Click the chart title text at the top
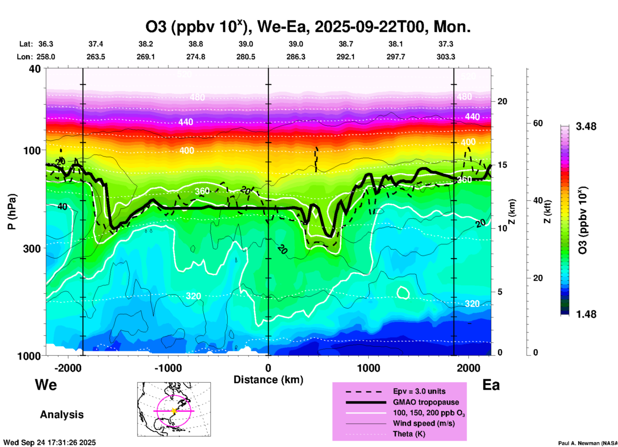point(308,27)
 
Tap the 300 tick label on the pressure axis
point(32,249)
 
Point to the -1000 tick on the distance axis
point(168,368)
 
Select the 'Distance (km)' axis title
point(268,380)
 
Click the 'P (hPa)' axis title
point(12,211)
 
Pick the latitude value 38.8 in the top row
point(196,44)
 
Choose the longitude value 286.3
point(296,57)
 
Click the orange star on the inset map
point(174,411)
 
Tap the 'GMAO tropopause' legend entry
point(426,402)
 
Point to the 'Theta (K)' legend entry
point(409,434)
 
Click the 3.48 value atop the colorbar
point(586,127)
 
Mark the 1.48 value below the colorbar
point(586,314)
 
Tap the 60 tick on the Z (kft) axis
point(538,123)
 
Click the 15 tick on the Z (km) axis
point(502,165)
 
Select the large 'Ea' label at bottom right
point(491,385)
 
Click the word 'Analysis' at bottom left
point(62,415)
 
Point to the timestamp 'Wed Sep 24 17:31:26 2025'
point(49,443)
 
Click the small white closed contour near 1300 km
point(403,292)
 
